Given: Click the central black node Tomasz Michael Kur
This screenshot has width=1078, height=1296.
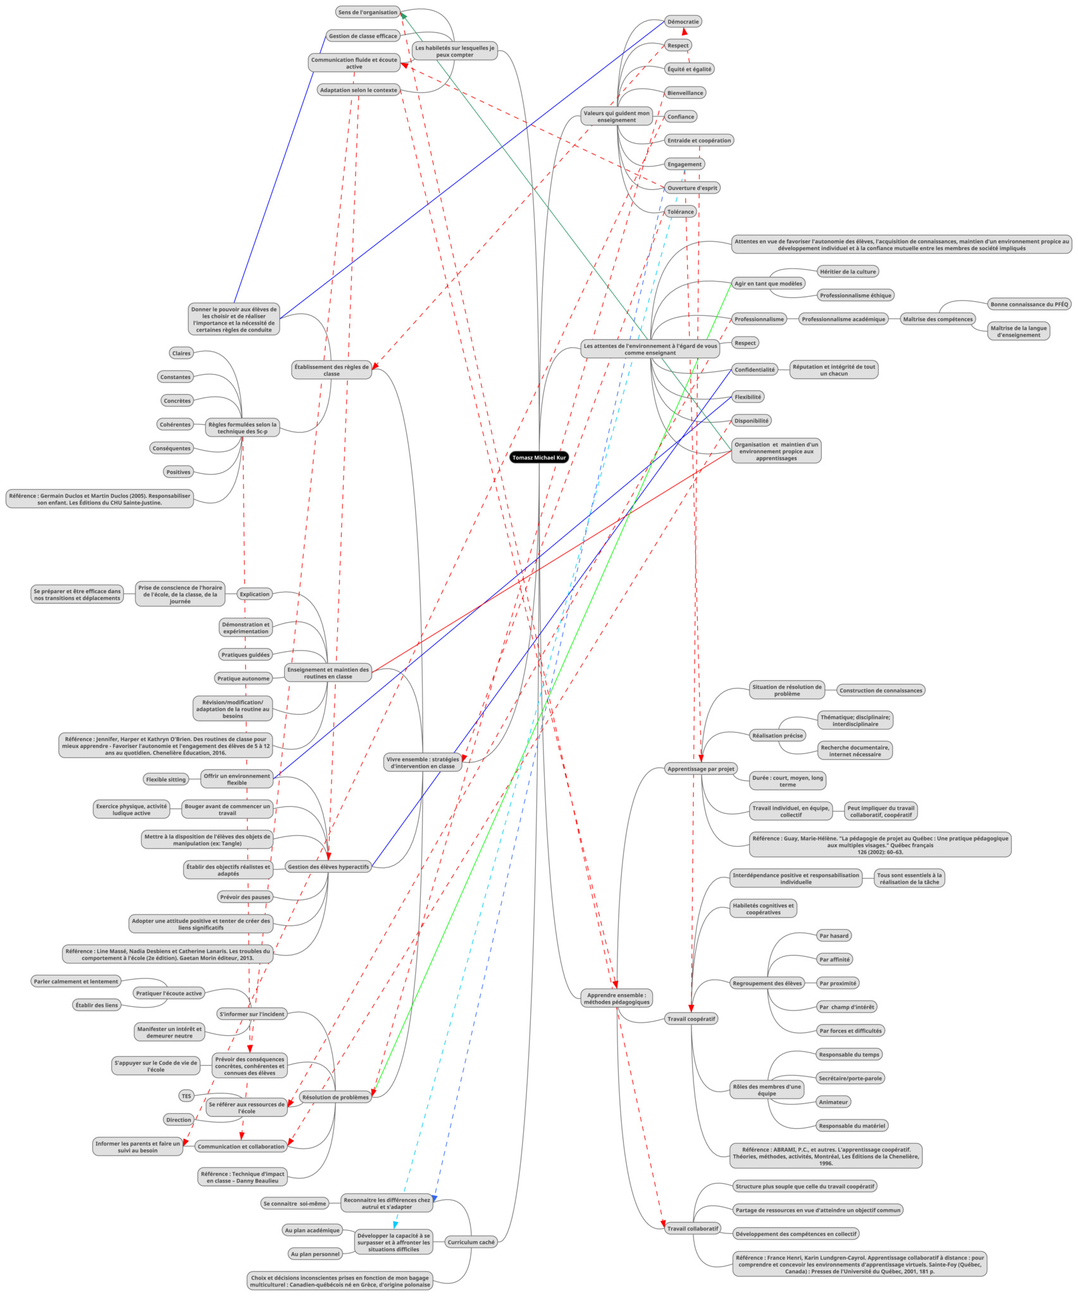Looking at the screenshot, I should click(x=538, y=458).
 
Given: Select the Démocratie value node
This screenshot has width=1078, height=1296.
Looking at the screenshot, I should click(x=683, y=22).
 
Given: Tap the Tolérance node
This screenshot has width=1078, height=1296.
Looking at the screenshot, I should click(x=680, y=212).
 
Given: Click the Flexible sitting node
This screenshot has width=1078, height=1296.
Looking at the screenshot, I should click(x=166, y=780).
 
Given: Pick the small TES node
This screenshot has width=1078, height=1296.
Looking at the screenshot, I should click(x=186, y=1097).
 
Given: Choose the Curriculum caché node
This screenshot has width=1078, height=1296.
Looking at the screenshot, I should click(x=471, y=1242).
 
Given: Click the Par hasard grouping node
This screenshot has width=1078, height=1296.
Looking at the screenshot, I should click(x=833, y=936).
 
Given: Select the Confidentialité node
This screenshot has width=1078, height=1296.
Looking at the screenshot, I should click(x=754, y=370).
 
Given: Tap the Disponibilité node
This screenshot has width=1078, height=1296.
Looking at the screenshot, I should click(x=752, y=421).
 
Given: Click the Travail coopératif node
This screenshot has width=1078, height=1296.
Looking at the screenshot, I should click(x=691, y=1019).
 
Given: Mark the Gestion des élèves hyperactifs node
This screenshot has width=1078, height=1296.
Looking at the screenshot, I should click(x=328, y=867).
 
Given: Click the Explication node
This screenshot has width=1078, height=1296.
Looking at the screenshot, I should click(x=254, y=594).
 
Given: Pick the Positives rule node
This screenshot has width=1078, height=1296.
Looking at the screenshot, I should click(x=178, y=472).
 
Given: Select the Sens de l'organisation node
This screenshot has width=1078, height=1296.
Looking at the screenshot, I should click(x=368, y=12).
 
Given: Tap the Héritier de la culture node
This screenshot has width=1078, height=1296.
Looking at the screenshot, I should click(x=847, y=271).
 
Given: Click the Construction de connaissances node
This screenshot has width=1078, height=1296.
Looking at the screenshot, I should click(x=880, y=690).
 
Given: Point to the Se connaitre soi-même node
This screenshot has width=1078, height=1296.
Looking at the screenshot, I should click(x=295, y=1204).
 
